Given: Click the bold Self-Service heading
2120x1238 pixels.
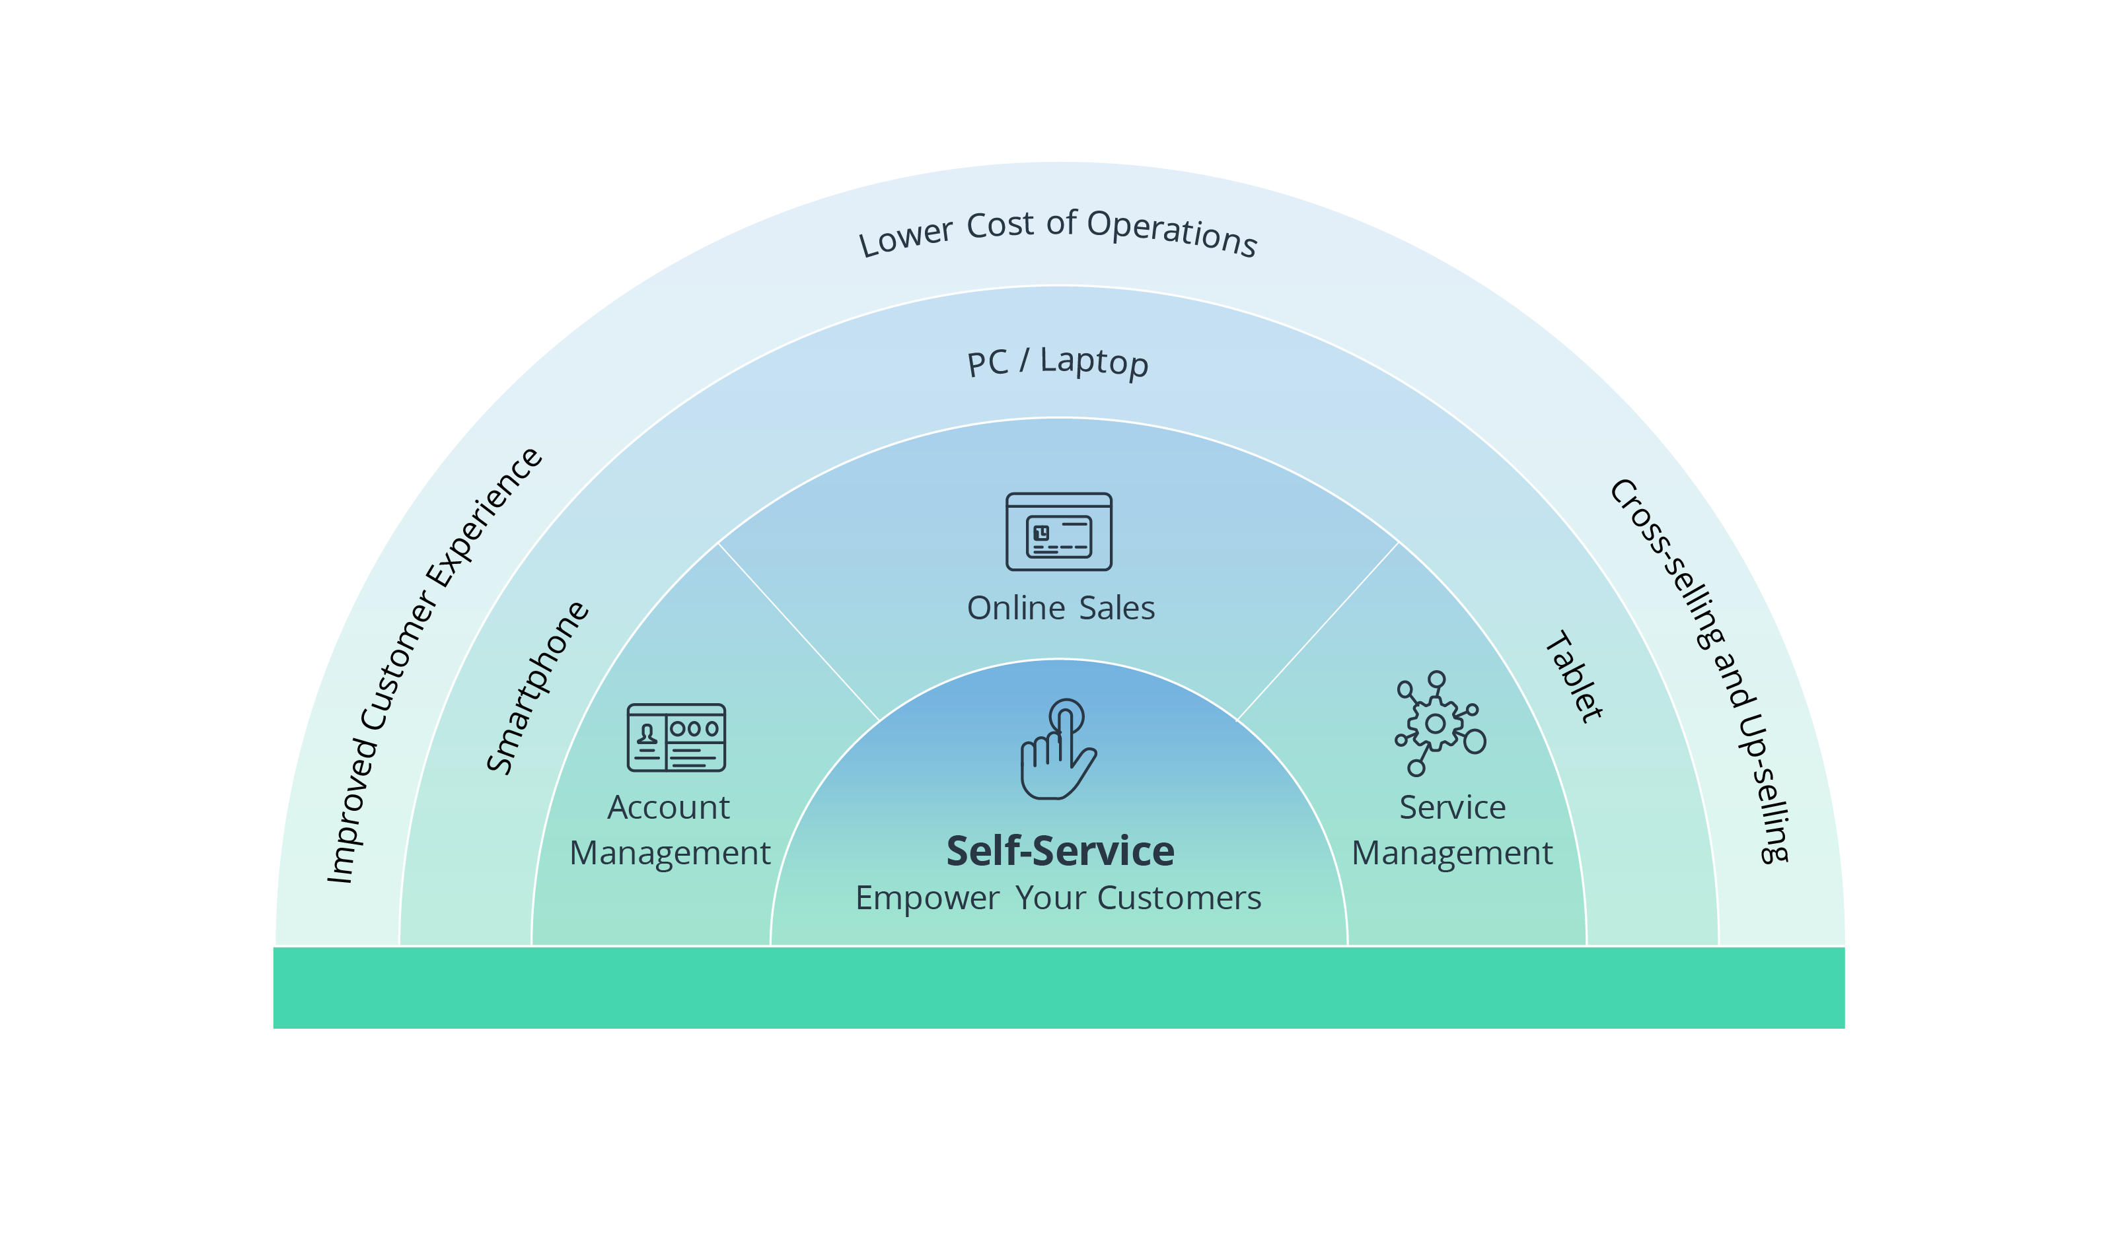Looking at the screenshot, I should click(x=1060, y=851).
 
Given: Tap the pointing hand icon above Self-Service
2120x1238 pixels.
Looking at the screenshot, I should click(x=1058, y=749).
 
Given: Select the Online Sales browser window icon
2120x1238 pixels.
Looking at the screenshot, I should click(x=1058, y=532).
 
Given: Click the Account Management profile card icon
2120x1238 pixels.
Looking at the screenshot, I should click(x=676, y=738).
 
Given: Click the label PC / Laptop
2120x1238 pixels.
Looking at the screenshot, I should click(x=1058, y=362).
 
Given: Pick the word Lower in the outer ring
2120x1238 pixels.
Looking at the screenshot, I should click(x=905, y=237).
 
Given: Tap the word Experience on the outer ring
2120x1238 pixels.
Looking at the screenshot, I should click(x=484, y=516).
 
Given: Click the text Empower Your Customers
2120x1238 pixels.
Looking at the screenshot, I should click(x=1058, y=898).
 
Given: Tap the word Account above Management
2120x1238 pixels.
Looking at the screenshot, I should click(x=669, y=808).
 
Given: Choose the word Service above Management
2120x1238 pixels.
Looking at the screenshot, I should click(x=1452, y=808).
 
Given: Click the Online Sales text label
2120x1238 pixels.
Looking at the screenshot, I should click(x=1060, y=608).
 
